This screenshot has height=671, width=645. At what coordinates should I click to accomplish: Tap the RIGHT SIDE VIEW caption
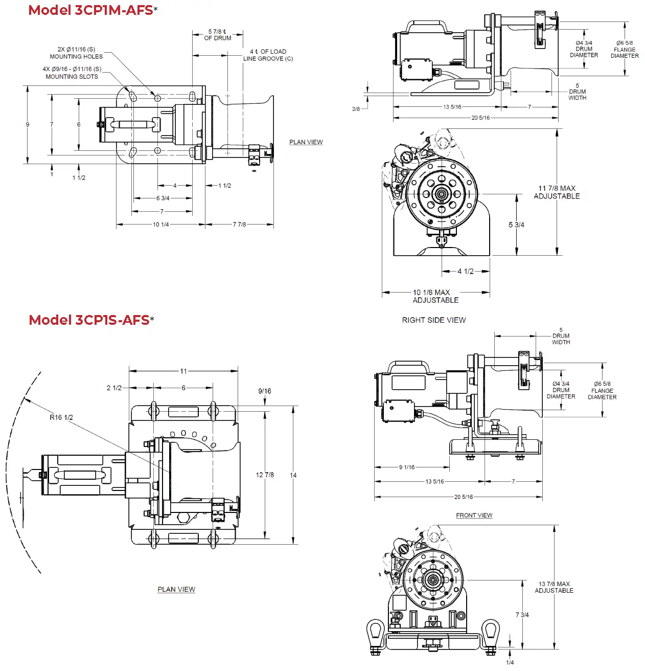coord(433,320)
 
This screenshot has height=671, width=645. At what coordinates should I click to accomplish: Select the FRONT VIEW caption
coord(474,516)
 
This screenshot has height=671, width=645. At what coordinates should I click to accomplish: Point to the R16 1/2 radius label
coord(61,417)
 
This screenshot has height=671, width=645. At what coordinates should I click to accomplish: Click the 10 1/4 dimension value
coord(160,225)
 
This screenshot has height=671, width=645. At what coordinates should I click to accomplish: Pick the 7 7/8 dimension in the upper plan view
coord(239,225)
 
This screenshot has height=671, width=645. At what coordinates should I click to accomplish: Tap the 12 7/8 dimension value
coord(265,475)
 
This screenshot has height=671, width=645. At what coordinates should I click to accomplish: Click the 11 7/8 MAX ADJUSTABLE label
coord(557,192)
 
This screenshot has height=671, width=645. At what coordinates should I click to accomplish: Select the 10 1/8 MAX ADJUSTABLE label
coord(435,296)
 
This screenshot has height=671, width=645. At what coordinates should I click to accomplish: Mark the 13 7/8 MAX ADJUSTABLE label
coord(554,587)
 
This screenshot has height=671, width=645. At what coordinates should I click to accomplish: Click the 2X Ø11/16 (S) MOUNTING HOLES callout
coord(76,53)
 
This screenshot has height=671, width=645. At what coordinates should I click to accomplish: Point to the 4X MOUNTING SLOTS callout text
coord(72,73)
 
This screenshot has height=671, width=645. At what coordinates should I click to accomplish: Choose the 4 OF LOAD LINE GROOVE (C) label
coord(268,55)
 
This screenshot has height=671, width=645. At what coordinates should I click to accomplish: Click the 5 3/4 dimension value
coord(516,225)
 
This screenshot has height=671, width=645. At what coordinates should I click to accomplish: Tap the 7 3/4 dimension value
coord(522,615)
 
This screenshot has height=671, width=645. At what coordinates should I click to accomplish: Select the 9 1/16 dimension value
coord(407,467)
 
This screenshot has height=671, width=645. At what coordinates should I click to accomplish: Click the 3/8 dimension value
coord(356,109)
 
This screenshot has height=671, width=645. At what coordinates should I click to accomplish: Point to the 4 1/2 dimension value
coord(465,272)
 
